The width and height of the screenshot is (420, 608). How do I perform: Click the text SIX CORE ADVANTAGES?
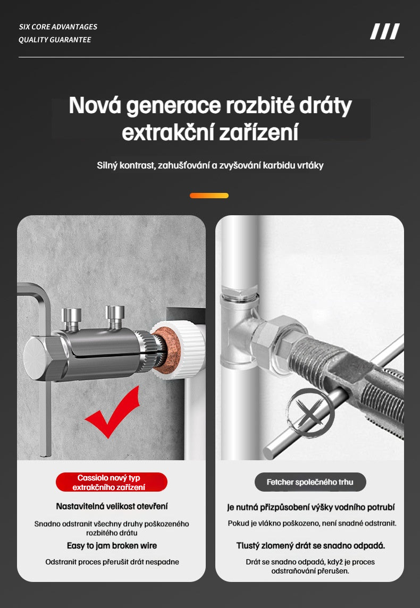coord(58,27)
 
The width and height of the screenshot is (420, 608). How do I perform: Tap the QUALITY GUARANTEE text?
coord(55,40)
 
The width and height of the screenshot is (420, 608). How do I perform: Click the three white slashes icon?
coord(384,32)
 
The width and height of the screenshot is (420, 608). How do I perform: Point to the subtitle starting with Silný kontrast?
coord(210,165)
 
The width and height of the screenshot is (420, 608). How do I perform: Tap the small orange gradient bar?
coord(209,196)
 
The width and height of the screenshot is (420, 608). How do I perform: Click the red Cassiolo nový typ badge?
coord(112,482)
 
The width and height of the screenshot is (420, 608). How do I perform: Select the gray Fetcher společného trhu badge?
coord(309,482)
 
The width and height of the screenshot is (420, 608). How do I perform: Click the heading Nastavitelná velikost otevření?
coord(112,506)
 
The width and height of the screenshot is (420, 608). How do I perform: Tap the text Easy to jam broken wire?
coord(112,545)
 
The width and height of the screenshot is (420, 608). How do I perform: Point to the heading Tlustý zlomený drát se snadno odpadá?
coord(310,545)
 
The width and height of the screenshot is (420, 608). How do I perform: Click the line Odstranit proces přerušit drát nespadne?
coord(112,562)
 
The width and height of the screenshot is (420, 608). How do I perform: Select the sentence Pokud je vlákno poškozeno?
coord(312,523)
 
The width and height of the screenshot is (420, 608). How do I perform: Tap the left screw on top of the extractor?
coord(72,318)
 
